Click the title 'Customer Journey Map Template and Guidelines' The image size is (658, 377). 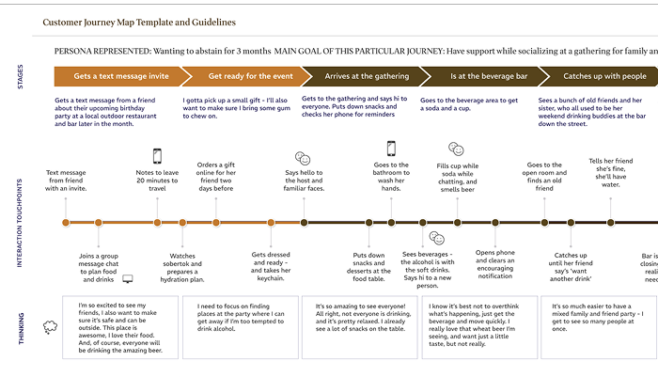point(146,22)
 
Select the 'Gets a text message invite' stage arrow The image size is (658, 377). point(117,76)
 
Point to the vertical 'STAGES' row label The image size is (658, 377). point(20,76)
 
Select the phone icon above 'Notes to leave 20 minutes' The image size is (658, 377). point(157,156)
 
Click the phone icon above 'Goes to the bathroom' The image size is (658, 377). point(391,148)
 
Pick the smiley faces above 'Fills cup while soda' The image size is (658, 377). point(456,149)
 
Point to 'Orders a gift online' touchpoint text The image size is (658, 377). point(215,174)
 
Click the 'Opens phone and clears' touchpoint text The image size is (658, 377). point(494,264)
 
